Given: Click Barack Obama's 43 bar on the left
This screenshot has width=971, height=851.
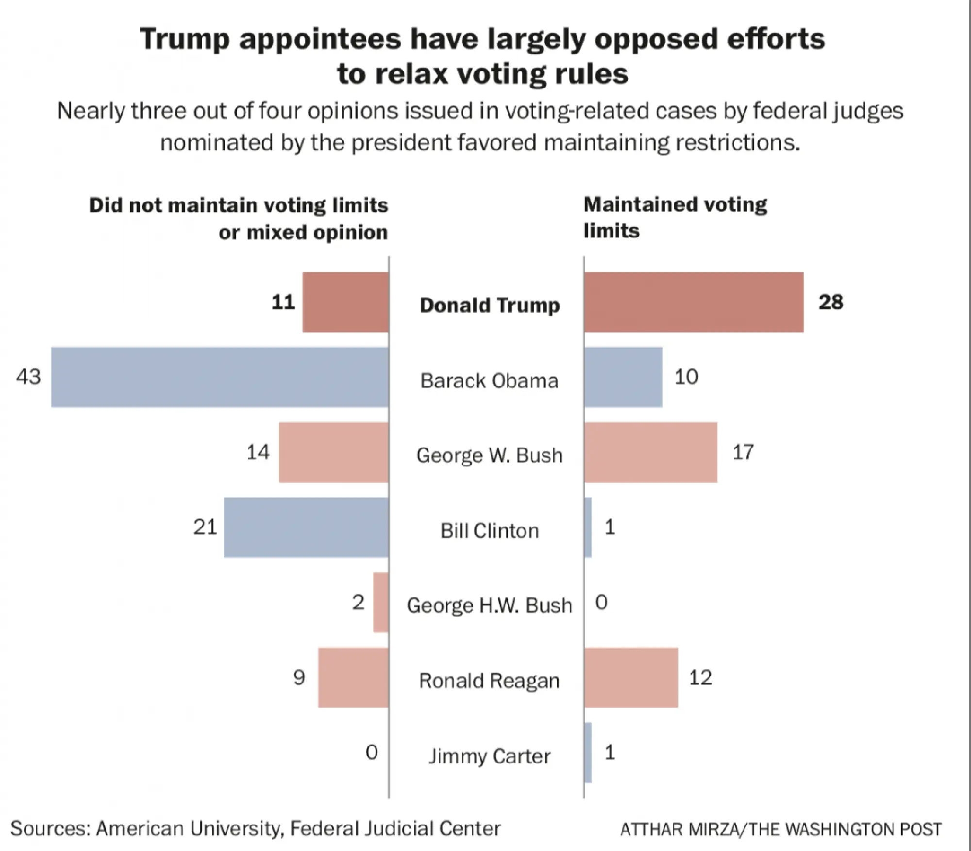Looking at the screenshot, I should pyautogui.click(x=220, y=377).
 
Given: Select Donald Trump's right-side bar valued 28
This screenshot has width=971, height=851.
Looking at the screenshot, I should pyautogui.click(x=693, y=302).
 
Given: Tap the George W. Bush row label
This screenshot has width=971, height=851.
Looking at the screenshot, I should pyautogui.click(x=489, y=455).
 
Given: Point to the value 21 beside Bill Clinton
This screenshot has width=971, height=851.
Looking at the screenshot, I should pyautogui.click(x=205, y=527).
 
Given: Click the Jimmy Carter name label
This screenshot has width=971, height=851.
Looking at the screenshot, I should pyautogui.click(x=489, y=756).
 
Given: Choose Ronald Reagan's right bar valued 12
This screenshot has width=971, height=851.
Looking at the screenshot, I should pyautogui.click(x=631, y=677).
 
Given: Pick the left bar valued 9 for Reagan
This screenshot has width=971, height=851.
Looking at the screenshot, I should pyautogui.click(x=353, y=677).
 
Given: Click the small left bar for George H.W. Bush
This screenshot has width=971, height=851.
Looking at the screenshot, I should pyautogui.click(x=381, y=603).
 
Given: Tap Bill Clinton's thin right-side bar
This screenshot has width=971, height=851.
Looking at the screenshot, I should pyautogui.click(x=588, y=527).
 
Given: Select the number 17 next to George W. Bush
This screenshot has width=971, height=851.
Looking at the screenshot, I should pyautogui.click(x=743, y=452).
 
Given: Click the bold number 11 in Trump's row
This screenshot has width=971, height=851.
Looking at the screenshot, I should pyautogui.click(x=283, y=302).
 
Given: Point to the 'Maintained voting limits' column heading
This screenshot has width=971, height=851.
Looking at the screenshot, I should pyautogui.click(x=675, y=218).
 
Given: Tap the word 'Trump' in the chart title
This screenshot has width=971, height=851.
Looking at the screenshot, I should pyautogui.click(x=184, y=39).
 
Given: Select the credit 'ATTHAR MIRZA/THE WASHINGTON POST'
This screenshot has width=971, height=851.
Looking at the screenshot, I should pyautogui.click(x=781, y=829).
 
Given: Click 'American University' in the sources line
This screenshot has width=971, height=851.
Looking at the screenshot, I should pyautogui.click(x=188, y=828).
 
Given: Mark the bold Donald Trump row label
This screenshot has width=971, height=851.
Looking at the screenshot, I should pyautogui.click(x=489, y=305).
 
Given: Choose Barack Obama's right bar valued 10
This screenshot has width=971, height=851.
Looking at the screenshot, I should pyautogui.click(x=623, y=377).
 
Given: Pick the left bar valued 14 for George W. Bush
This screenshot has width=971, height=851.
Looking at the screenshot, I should pyautogui.click(x=334, y=452).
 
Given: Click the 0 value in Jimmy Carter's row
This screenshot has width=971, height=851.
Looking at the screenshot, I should pyautogui.click(x=371, y=753).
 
